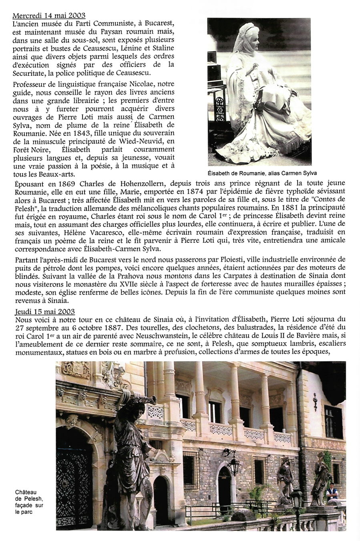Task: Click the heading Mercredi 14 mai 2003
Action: (x=49, y=16)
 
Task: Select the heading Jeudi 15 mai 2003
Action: (x=45, y=311)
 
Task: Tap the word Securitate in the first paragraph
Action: (x=31, y=73)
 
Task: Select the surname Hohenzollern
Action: (x=142, y=184)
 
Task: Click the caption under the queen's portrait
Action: (x=262, y=174)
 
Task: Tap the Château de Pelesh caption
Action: (x=29, y=502)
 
